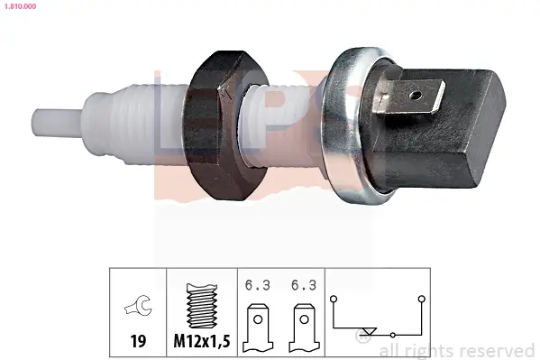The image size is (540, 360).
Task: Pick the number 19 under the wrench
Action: click(138, 341)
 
